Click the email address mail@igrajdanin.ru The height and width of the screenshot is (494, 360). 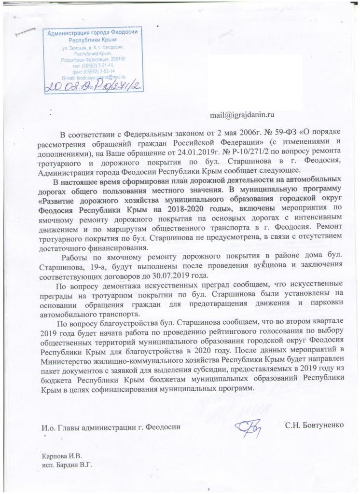[242, 115]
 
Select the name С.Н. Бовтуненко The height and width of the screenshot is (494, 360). [314, 425]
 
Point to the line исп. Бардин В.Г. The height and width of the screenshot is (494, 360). [67, 465]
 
